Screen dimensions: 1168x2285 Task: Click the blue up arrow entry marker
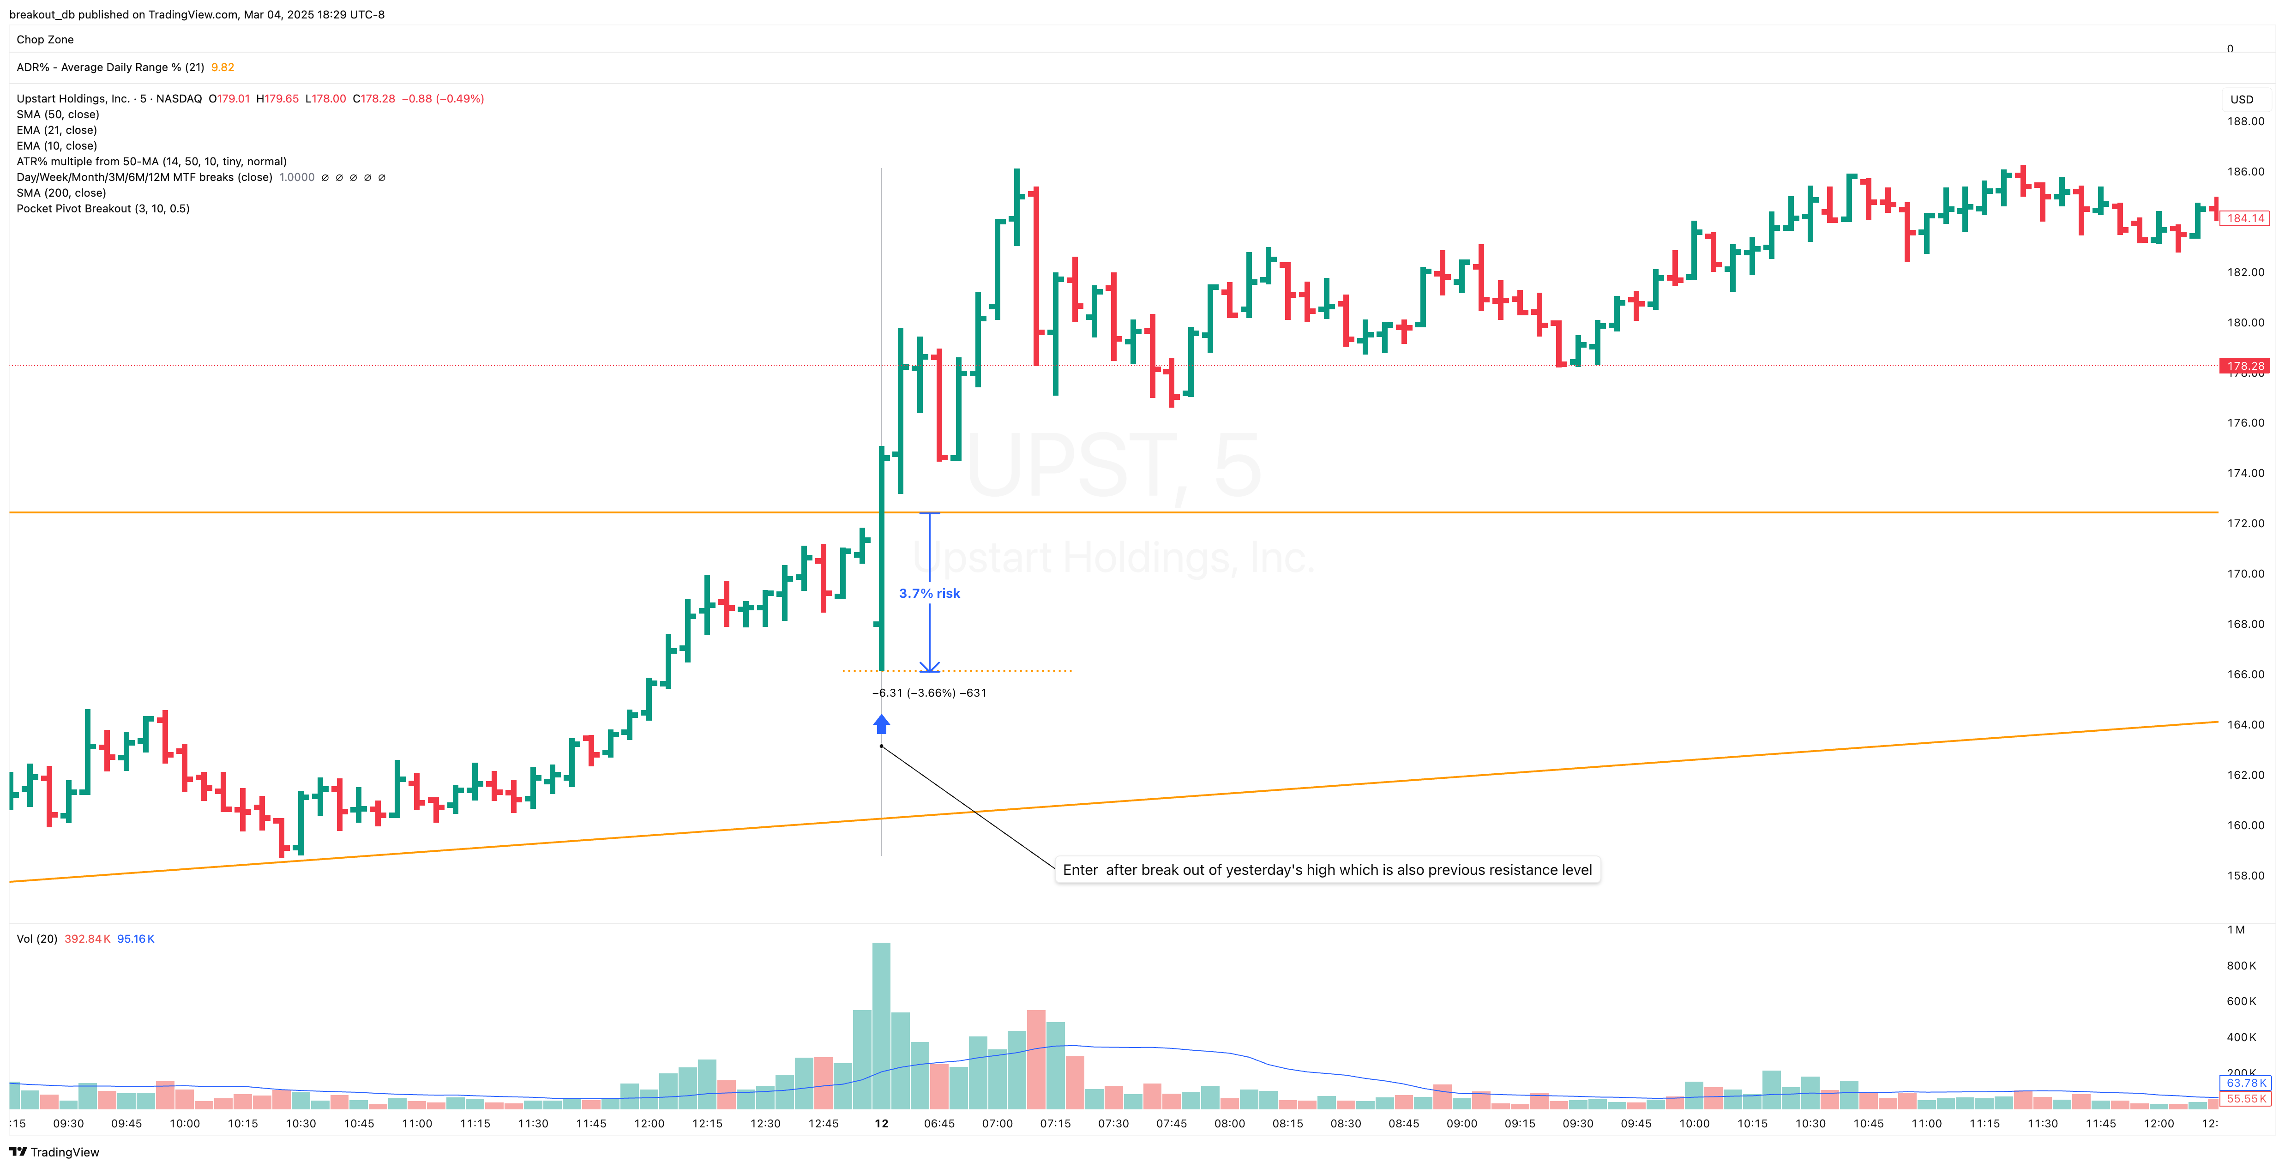pos(881,724)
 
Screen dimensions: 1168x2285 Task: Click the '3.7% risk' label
pos(929,593)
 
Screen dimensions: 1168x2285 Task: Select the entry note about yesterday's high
pos(1327,870)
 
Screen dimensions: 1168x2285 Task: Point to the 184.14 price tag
pos(2245,218)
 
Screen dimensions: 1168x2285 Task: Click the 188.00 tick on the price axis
pos(2245,121)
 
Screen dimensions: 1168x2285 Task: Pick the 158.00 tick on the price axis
pos(2245,875)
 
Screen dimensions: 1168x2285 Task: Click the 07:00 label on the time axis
pos(997,1124)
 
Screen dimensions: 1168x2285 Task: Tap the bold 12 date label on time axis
pos(881,1124)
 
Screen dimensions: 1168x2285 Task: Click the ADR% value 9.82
pos(222,67)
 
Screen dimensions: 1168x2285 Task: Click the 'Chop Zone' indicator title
pos(45,40)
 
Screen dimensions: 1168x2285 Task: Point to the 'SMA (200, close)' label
pos(61,193)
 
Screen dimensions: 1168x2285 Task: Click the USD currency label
pos(2242,99)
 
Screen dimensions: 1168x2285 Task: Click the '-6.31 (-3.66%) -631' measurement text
pos(930,692)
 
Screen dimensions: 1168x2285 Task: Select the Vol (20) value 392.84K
pos(87,939)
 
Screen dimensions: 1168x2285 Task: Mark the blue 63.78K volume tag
pos(2246,1083)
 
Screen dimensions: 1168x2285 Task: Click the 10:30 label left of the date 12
pos(301,1124)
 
